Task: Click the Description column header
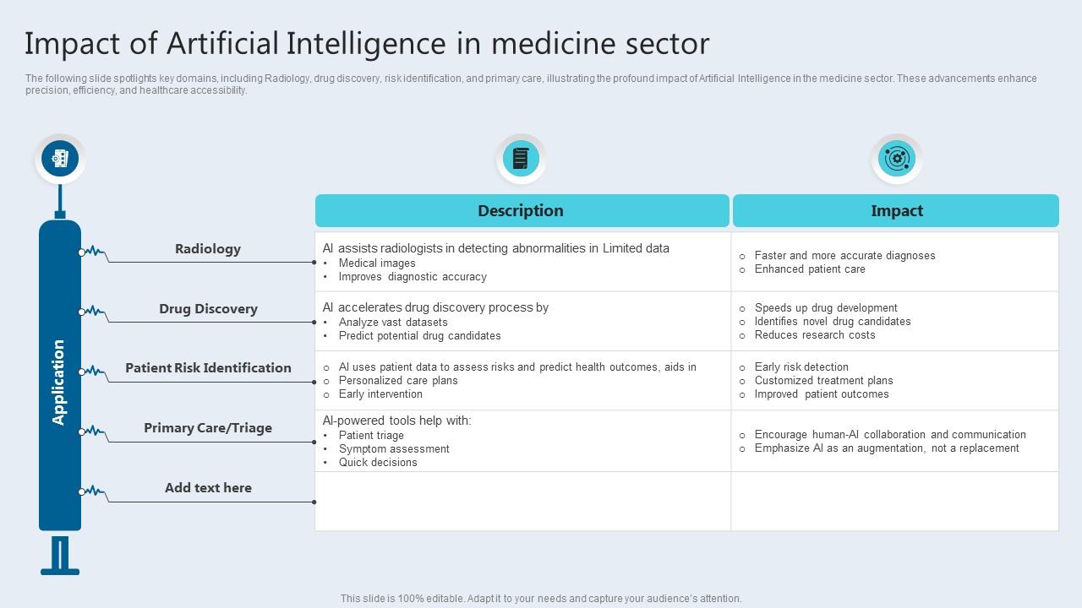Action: [521, 211]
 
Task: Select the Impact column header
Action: [896, 211]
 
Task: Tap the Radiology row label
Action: [208, 249]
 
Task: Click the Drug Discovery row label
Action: [208, 309]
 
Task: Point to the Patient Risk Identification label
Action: [208, 368]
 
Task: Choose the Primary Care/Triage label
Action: [208, 428]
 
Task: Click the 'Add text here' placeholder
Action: [208, 488]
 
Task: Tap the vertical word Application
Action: [59, 382]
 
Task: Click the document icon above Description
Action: [521, 159]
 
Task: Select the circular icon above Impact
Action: [896, 159]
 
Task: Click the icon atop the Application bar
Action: [60, 158]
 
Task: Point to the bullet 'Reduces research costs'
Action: [815, 335]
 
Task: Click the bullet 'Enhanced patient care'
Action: [810, 269]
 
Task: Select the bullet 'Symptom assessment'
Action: [394, 449]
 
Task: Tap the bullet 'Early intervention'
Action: [380, 394]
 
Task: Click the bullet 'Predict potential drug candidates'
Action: [419, 336]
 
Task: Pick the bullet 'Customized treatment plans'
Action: [823, 381]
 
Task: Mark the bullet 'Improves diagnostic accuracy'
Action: [413, 277]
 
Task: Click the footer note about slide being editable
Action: [541, 599]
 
